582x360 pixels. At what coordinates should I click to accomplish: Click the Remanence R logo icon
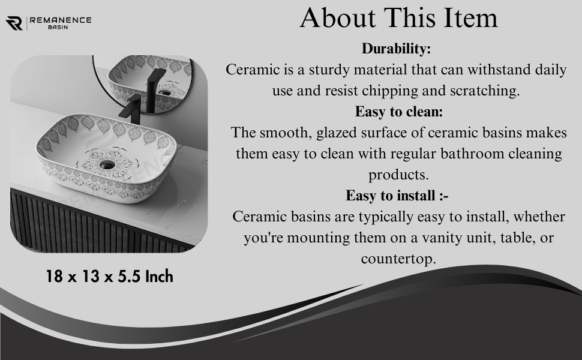tap(14, 23)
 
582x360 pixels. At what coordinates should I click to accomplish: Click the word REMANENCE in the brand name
tap(61, 20)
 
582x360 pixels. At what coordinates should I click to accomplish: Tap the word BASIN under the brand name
tap(58, 27)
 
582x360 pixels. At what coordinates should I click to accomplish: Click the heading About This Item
tap(398, 17)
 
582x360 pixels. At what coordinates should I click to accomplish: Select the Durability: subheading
tap(396, 49)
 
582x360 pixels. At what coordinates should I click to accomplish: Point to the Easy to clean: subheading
tap(399, 112)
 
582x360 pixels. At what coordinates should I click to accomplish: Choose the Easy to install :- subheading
tap(397, 196)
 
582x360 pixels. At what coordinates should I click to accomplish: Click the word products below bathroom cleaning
tap(398, 175)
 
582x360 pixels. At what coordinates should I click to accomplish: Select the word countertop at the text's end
tap(398, 259)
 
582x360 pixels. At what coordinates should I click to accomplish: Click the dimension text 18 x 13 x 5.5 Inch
tap(109, 277)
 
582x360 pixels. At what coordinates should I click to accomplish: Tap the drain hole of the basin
tap(107, 164)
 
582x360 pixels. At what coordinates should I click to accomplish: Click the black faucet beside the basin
tap(131, 109)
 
